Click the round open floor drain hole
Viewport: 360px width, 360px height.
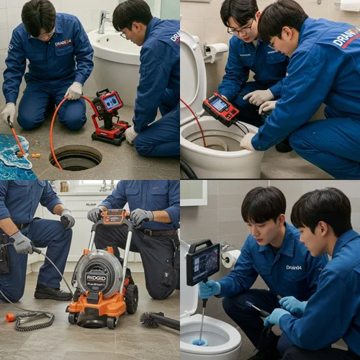[76, 157]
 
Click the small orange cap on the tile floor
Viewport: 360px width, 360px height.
[10, 317]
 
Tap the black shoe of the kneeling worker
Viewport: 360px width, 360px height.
[53, 292]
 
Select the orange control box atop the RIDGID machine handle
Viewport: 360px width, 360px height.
[114, 216]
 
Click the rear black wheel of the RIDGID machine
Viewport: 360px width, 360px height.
[131, 298]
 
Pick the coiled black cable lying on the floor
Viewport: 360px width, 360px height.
[32, 320]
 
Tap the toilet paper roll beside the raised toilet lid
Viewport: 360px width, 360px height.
[217, 51]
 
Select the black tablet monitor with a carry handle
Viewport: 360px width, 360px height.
[203, 263]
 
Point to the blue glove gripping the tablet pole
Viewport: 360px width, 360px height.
[210, 289]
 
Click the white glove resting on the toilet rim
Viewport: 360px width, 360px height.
[248, 141]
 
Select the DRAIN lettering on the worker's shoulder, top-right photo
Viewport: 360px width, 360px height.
[346, 37]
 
